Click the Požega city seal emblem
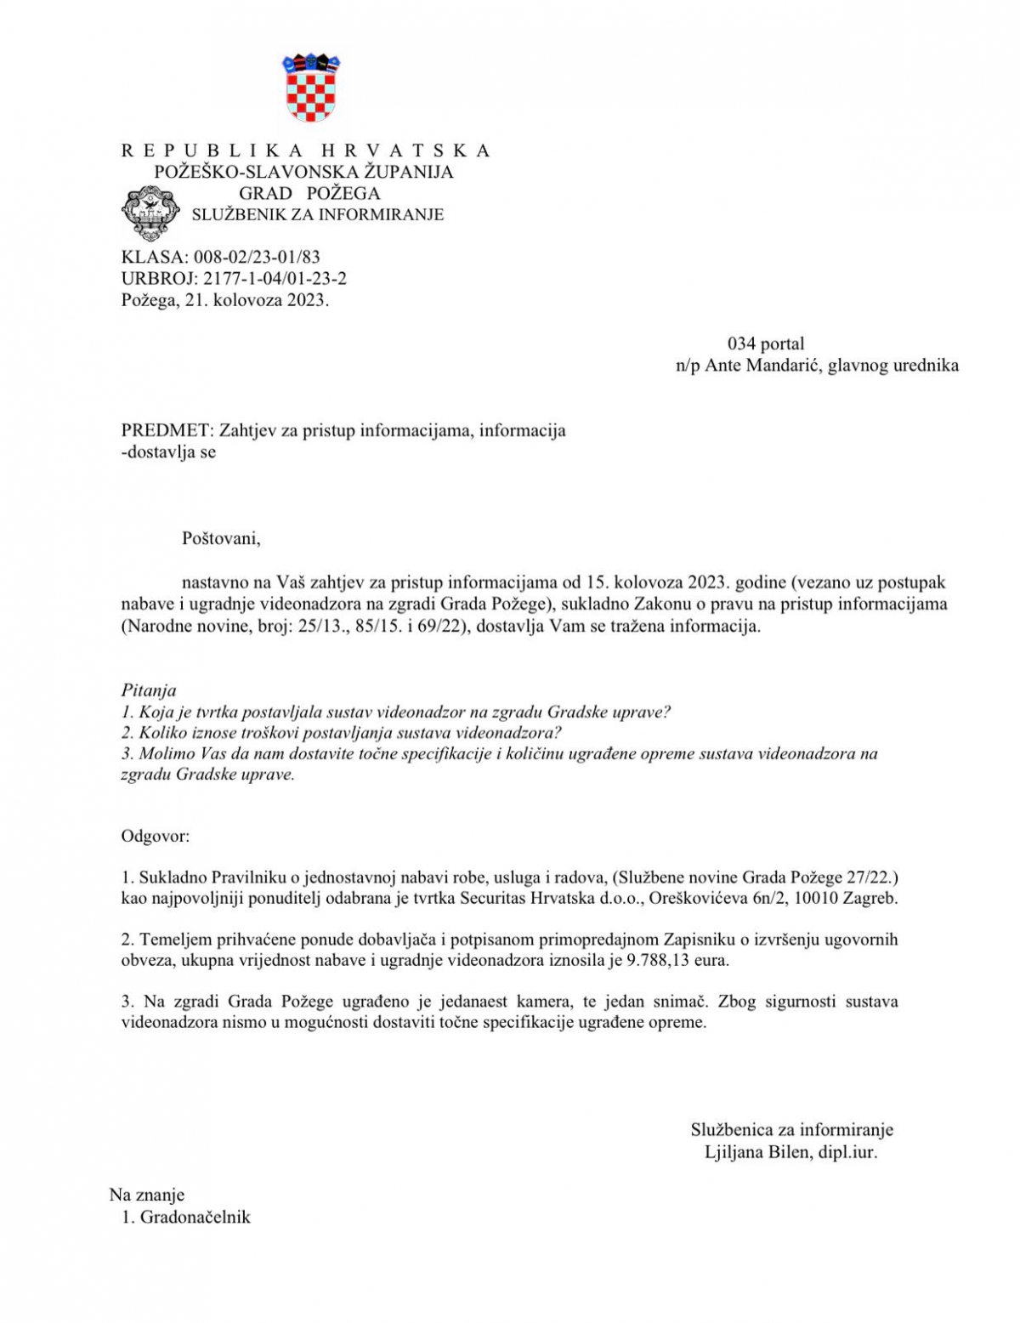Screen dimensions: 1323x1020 coord(151,213)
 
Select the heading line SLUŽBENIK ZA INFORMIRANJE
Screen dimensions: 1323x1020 coord(317,215)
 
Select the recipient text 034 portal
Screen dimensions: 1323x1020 coord(765,344)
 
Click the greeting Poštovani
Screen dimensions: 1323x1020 coord(221,538)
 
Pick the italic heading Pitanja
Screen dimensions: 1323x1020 coord(149,690)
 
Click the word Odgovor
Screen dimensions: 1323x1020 coord(155,836)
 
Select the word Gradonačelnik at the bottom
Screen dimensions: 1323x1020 coord(195,1217)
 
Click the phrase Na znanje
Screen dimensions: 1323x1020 coord(146,1195)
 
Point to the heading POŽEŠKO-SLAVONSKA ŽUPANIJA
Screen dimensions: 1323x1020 coord(303,172)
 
